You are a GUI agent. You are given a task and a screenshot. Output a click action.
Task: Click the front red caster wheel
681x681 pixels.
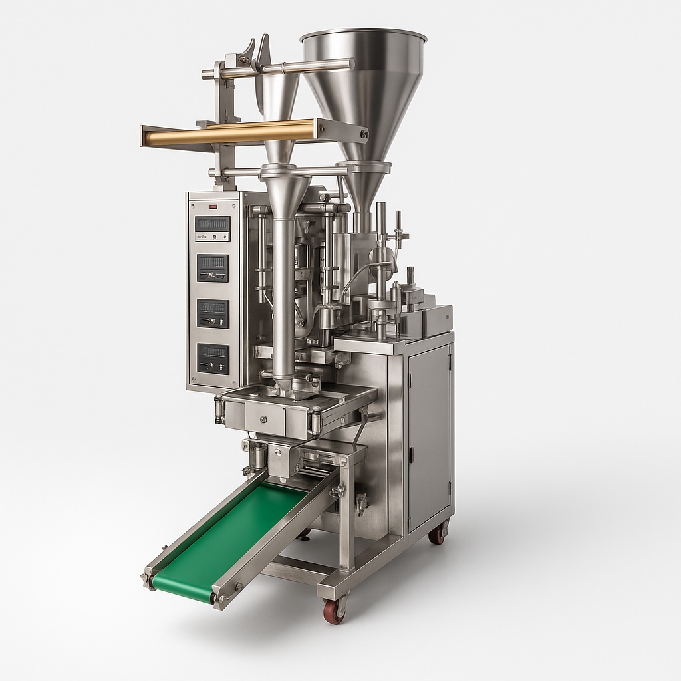pyautogui.click(x=335, y=611)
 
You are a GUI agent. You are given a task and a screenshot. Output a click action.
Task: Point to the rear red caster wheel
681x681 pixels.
pyautogui.click(x=438, y=533)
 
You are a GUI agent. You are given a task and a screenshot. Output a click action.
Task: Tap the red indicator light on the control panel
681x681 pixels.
pyautogui.click(x=213, y=207)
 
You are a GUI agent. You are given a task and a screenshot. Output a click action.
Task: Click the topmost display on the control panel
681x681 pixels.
pyautogui.click(x=213, y=224)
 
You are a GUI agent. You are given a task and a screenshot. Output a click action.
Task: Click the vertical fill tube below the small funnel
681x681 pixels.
pyautogui.click(x=283, y=299)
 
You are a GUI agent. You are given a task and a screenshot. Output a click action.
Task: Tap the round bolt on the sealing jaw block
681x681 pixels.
pyautogui.click(x=264, y=419)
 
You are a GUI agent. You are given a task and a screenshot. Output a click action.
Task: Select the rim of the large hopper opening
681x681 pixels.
pyautogui.click(x=364, y=35)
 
